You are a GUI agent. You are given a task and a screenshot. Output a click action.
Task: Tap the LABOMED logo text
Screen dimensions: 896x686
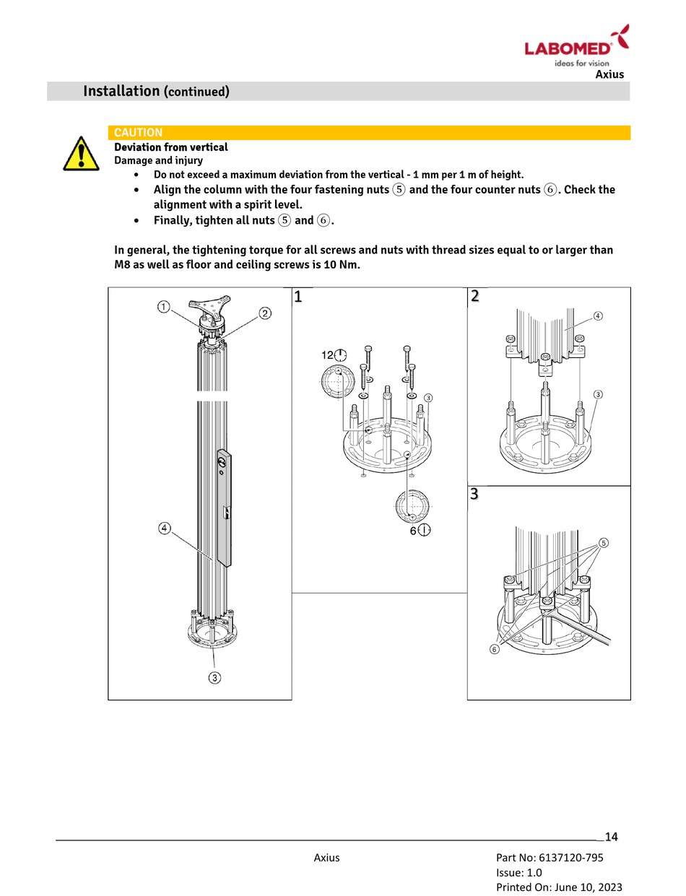(568, 48)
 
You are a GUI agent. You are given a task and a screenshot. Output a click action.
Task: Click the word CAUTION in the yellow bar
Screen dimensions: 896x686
(139, 133)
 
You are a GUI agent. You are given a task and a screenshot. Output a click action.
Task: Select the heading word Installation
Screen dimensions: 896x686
(121, 91)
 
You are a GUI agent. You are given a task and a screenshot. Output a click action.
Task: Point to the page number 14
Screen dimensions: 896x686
(611, 837)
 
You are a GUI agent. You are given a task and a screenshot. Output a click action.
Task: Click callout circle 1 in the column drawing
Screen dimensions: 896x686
(165, 307)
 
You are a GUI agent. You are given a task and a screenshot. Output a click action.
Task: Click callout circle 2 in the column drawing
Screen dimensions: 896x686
(265, 313)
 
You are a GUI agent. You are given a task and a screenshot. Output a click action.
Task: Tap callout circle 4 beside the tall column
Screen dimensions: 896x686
(165, 529)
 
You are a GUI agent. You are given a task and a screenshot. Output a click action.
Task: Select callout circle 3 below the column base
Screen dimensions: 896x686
(214, 677)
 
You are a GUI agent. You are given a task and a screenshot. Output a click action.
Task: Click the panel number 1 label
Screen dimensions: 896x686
(298, 297)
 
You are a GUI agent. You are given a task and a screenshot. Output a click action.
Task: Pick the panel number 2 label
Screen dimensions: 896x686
(474, 296)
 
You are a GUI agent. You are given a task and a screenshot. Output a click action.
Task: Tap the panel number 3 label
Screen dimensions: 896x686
(474, 495)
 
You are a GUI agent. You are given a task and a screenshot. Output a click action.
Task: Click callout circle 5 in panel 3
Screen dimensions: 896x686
(604, 542)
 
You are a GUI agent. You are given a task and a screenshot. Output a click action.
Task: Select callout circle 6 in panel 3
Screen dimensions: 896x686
(495, 649)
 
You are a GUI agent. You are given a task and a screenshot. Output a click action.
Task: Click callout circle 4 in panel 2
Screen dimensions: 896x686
(598, 316)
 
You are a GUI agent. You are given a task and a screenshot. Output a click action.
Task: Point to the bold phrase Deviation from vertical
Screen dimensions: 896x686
(171, 147)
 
